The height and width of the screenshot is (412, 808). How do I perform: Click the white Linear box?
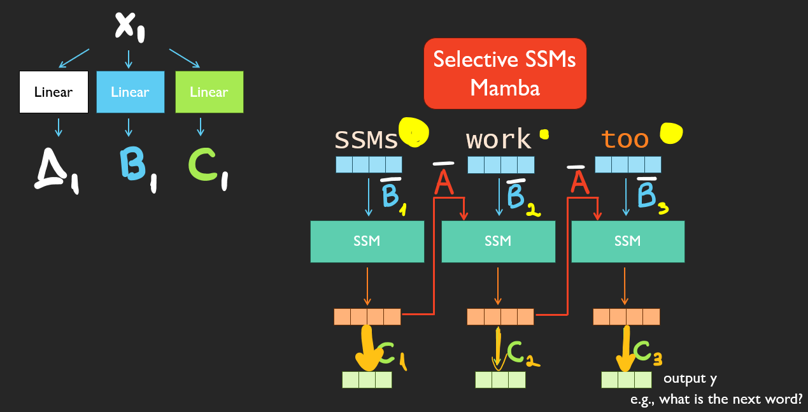pyautogui.click(x=53, y=92)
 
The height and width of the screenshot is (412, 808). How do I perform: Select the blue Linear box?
pyautogui.click(x=130, y=92)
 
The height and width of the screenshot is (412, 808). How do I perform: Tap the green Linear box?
pyautogui.click(x=209, y=92)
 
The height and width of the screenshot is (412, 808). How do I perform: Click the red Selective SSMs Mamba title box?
pyautogui.click(x=505, y=73)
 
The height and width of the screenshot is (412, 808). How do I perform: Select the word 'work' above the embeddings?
pyautogui.click(x=499, y=139)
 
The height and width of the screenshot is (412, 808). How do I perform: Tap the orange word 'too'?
pyautogui.click(x=625, y=139)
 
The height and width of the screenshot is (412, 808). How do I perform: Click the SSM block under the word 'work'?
pyautogui.click(x=498, y=241)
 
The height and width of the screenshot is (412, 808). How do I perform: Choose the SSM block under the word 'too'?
pyautogui.click(x=628, y=241)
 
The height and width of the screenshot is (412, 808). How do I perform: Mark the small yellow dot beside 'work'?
pyautogui.click(x=544, y=134)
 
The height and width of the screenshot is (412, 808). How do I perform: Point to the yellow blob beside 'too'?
pyautogui.click(x=671, y=132)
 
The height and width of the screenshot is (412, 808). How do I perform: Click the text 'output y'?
pyautogui.click(x=690, y=379)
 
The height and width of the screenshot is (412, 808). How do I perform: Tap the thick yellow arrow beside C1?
pyautogui.click(x=367, y=350)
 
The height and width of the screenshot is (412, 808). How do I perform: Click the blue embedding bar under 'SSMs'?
pyautogui.click(x=369, y=164)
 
